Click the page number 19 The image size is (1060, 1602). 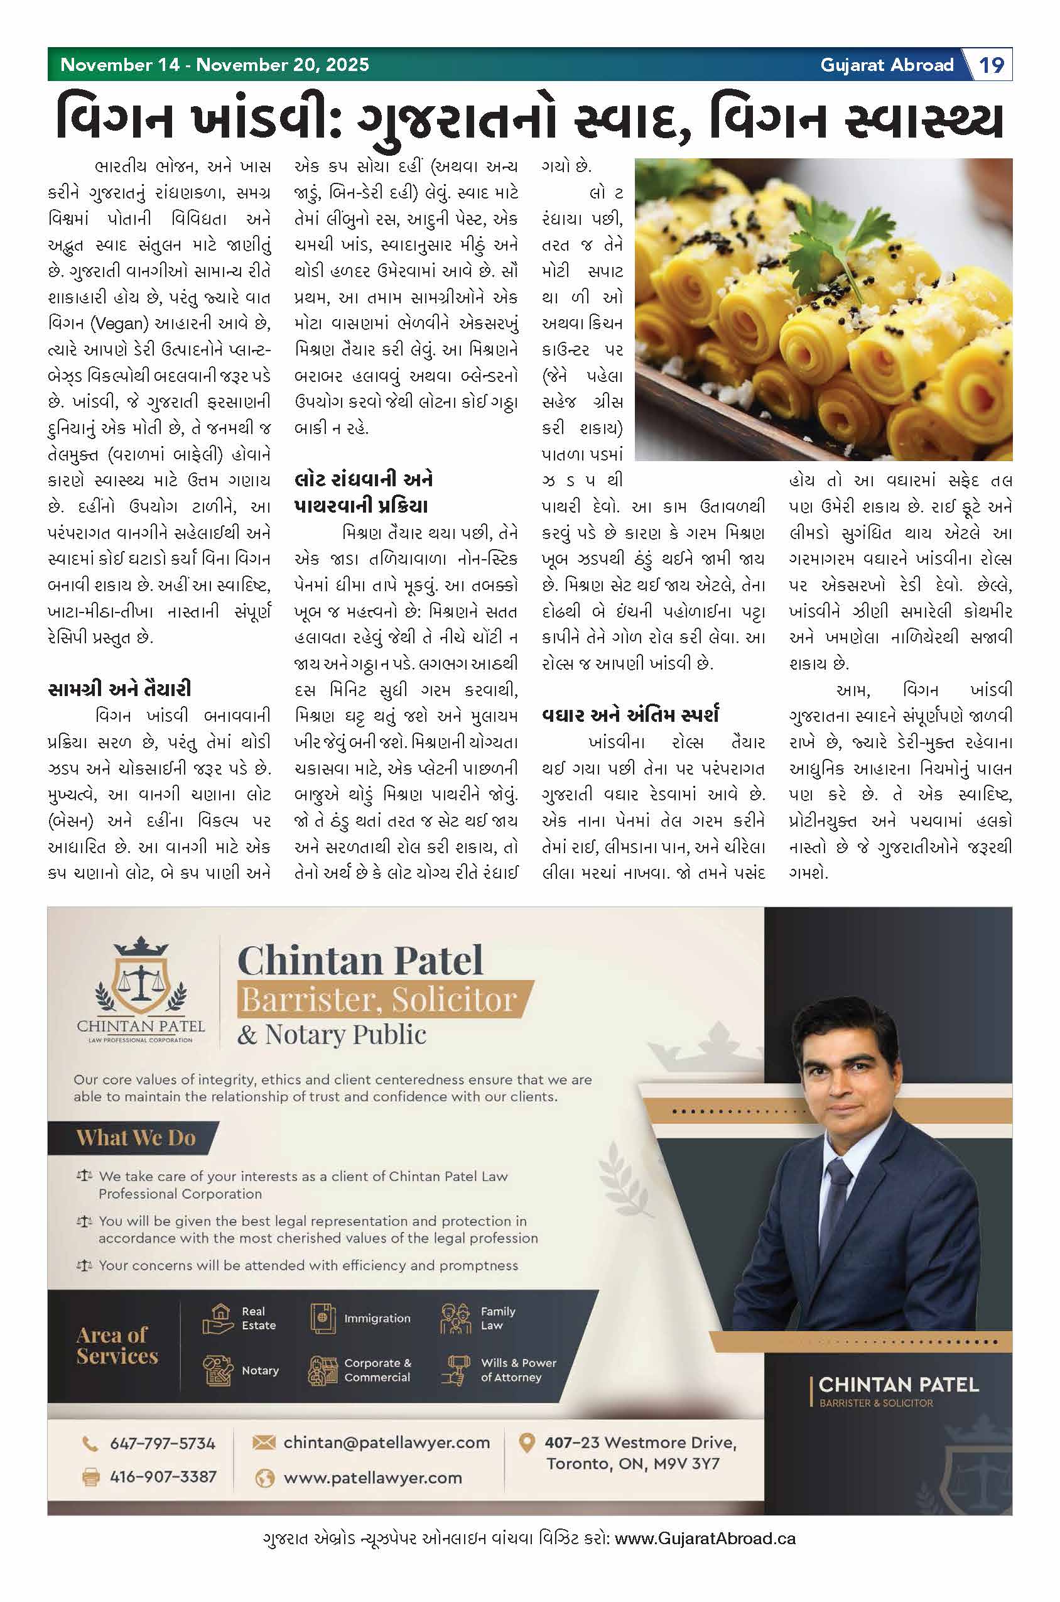[x=992, y=65]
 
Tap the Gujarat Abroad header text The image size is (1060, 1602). [x=886, y=65]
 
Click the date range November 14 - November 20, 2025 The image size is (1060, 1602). [x=215, y=65]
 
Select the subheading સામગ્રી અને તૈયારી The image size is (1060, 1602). [x=120, y=689]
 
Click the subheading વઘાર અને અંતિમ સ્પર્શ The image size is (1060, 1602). [x=630, y=715]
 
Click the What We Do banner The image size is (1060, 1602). [x=135, y=1138]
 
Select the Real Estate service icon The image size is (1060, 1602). [x=218, y=1319]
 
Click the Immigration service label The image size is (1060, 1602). [x=377, y=1319]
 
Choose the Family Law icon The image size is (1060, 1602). [x=456, y=1319]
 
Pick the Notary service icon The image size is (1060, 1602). [x=218, y=1370]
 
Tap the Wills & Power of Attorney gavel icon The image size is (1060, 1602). [x=456, y=1370]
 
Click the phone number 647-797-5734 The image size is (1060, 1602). [x=162, y=1444]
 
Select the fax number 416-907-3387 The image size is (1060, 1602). [x=163, y=1476]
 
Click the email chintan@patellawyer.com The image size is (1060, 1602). [x=386, y=1442]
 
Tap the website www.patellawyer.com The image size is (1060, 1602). [x=372, y=1478]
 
